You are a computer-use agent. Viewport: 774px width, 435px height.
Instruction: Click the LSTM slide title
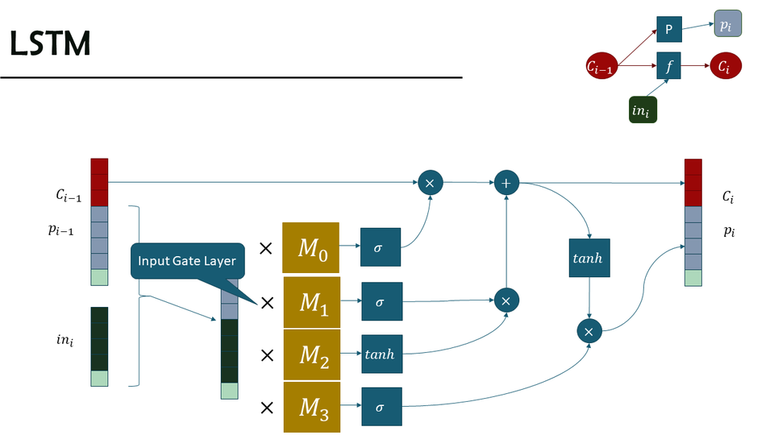pos(50,45)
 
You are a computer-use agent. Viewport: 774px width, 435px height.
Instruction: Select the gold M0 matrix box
pos(310,247)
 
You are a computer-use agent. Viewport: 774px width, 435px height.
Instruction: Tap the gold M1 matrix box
pos(310,302)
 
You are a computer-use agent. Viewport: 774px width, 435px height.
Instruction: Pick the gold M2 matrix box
pos(310,355)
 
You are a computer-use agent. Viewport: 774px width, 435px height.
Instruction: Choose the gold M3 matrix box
pos(310,408)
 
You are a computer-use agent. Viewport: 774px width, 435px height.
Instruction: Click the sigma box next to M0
pos(381,247)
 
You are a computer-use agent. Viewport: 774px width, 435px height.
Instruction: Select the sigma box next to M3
pos(381,407)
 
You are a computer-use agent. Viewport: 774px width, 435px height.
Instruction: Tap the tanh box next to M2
pos(381,354)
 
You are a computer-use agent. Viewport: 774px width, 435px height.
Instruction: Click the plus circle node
pos(506,184)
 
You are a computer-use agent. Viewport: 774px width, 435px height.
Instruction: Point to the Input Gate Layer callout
pos(186,261)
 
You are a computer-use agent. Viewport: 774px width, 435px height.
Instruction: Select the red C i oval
pos(723,67)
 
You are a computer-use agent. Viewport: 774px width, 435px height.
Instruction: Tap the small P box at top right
pos(668,29)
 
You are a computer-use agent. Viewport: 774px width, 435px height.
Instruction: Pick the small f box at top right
pos(668,66)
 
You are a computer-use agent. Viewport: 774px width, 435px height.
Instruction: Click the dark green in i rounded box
pos(642,110)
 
